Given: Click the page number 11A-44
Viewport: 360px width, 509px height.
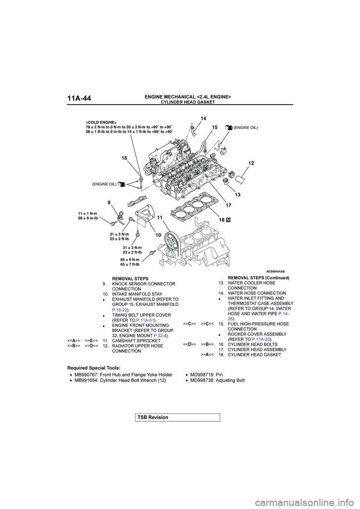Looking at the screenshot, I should point(79,99).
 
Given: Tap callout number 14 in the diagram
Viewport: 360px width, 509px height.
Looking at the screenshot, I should point(203,118).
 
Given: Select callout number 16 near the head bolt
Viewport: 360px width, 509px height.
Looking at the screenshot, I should point(124,158).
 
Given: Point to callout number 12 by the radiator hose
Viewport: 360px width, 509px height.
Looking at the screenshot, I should point(251,163).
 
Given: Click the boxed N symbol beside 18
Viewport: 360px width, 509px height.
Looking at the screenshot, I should point(228,220).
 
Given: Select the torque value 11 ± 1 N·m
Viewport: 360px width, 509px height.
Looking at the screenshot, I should point(87,214).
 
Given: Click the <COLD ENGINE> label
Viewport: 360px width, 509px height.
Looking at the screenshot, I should point(101,123).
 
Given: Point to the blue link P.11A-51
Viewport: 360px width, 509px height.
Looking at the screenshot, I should point(145,320).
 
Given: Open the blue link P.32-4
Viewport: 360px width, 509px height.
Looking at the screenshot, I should point(160,336).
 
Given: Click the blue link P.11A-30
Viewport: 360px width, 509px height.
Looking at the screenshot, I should point(261,340).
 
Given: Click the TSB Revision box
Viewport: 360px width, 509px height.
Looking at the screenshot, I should point(177,418).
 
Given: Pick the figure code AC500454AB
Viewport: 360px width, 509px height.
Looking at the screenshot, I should point(275,271).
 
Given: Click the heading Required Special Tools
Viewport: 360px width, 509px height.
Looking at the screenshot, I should point(94,368).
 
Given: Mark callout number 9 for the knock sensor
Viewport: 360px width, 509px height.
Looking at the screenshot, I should point(109,202).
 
